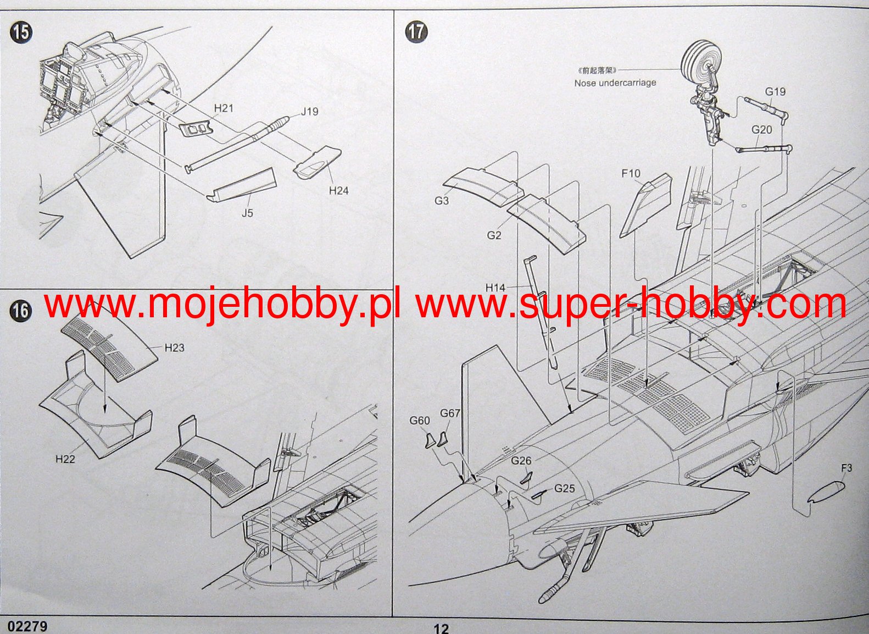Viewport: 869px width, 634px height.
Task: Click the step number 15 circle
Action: click(21, 32)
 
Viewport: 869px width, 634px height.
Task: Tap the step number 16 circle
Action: click(20, 311)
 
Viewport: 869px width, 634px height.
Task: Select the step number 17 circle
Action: click(416, 31)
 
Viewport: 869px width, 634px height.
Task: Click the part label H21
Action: click(224, 108)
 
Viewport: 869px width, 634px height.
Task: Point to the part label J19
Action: click(309, 112)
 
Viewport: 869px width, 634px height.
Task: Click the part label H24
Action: click(338, 191)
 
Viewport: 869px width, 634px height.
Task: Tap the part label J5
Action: click(247, 213)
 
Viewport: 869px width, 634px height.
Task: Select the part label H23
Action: click(174, 348)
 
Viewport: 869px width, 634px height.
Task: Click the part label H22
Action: click(65, 459)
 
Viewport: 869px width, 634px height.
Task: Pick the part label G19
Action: click(775, 92)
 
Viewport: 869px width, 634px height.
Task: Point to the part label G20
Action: click(761, 130)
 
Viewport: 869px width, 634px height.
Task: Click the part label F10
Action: click(631, 174)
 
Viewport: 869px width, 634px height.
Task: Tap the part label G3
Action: click(442, 201)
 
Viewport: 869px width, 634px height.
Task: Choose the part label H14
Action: click(495, 288)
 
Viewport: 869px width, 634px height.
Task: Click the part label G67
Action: click(450, 413)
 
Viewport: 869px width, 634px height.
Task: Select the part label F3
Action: click(846, 468)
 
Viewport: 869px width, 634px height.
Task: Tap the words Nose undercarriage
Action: click(615, 83)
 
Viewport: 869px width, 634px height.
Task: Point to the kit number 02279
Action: click(27, 626)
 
